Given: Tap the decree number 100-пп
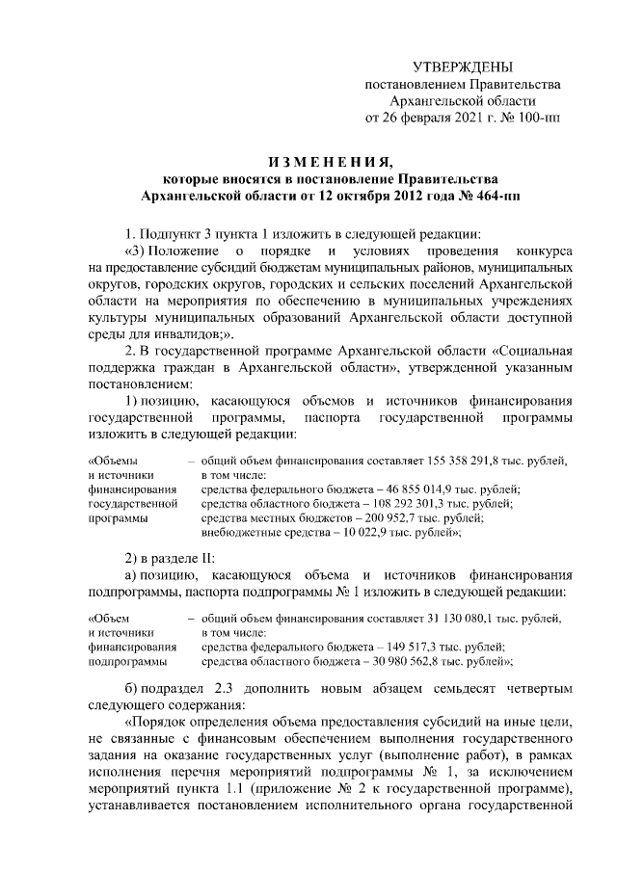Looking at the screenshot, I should click(x=541, y=119).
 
